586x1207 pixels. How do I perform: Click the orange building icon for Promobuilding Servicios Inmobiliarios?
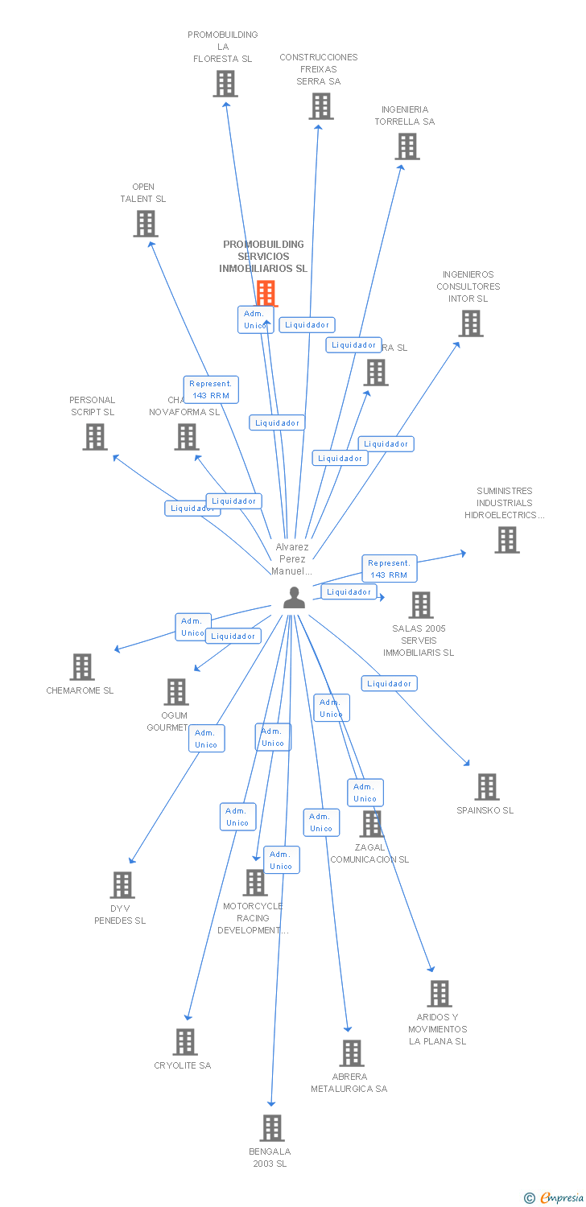pos(266,293)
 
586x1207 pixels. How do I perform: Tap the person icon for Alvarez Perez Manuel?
pos(294,598)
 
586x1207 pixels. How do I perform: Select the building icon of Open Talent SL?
pos(146,224)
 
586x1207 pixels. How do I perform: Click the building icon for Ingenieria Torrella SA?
pos(407,146)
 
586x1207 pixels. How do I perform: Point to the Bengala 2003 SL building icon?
pos(272,1128)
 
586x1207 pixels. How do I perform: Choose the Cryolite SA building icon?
pos(185,1042)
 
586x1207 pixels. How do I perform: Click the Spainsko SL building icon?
pos(486,787)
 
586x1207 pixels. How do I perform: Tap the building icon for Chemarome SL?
pos(82,667)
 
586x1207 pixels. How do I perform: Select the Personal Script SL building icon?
pos(95,437)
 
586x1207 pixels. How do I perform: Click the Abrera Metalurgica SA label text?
pos(349,1082)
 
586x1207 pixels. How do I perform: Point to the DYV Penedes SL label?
pos(120,915)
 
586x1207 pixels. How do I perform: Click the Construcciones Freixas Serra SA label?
pos(319,69)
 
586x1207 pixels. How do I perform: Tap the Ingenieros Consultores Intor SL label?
pos(468,286)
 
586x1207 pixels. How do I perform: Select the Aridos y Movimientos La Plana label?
pos(437,1029)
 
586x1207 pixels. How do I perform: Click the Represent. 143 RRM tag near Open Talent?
pos(210,389)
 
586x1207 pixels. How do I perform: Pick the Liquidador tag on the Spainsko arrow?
pos(390,683)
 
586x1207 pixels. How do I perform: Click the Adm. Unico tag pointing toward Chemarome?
pos(193,627)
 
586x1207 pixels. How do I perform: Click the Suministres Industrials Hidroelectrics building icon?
pos(507,540)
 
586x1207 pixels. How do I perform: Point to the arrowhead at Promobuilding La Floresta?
pos(227,103)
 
